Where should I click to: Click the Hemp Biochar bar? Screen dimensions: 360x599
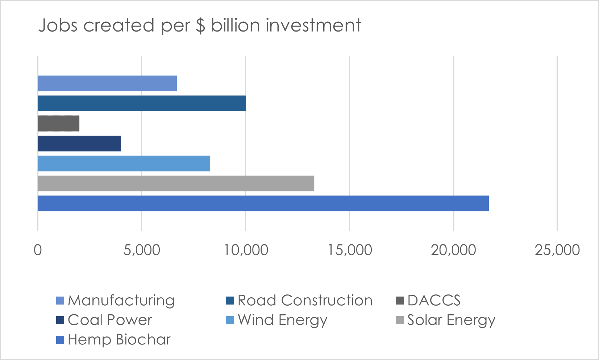click(263, 203)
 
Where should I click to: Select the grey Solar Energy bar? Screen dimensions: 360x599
click(176, 183)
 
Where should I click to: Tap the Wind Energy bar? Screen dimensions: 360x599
click(124, 164)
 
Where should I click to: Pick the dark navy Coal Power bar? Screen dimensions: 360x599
click(79, 144)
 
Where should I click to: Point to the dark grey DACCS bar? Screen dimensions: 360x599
click(58, 124)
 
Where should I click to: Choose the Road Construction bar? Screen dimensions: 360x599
click(142, 103)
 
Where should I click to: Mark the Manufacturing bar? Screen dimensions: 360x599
click(107, 83)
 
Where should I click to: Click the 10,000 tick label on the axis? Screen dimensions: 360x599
click(246, 250)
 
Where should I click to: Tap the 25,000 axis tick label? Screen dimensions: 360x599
click(557, 250)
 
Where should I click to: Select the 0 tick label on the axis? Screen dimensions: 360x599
click(38, 250)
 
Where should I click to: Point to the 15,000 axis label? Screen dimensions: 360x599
click(350, 250)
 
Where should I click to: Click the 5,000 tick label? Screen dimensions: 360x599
click(142, 250)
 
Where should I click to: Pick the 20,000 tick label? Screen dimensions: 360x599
click(453, 250)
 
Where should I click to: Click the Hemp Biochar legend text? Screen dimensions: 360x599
click(119, 340)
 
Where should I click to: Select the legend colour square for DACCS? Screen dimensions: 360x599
click(400, 301)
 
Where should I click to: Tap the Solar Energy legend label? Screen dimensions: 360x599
click(451, 320)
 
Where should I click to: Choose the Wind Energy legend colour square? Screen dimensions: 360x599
click(230, 320)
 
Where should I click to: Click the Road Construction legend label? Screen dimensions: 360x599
click(305, 301)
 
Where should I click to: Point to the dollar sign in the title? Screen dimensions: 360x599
click(200, 26)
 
